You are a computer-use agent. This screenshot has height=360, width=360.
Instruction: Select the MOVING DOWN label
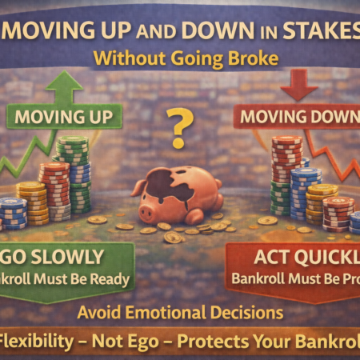coord(297,118)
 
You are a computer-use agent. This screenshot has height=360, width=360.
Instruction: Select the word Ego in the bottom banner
coord(141,338)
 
